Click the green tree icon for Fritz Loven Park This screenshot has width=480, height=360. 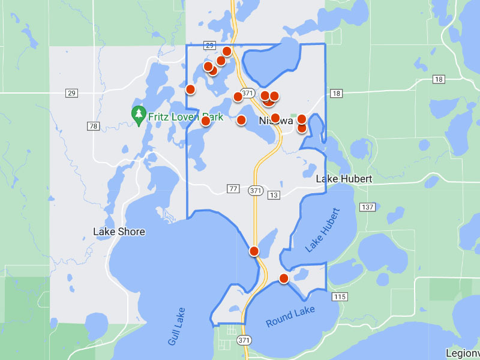coord(139,113)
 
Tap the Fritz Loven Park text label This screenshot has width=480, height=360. coord(185,117)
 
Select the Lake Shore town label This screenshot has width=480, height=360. coord(119,231)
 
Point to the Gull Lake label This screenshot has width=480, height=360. coord(177,326)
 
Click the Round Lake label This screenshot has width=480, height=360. coord(287,320)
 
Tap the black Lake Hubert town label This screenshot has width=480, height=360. coord(344,179)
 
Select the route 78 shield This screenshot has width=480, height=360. coord(92,126)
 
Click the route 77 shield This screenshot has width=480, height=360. coord(233,189)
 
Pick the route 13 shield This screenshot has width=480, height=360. coord(273,195)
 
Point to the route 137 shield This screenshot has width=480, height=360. coord(367,207)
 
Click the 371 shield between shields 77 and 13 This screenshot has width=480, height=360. coord(254,190)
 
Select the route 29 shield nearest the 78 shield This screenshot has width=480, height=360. coord(72,93)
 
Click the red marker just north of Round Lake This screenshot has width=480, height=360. coord(284,278)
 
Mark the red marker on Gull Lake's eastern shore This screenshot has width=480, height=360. coord(254,251)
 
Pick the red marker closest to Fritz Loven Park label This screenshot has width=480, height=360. coord(205,121)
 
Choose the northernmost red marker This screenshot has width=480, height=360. coord(227,51)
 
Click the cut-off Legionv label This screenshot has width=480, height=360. coord(463,353)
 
